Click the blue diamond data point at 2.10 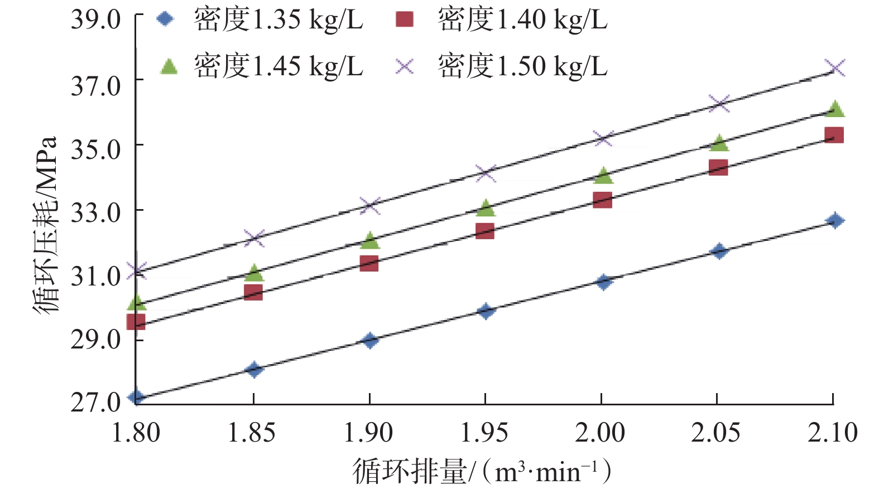pos(835,221)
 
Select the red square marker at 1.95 pos(485,231)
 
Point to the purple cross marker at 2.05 pos(719,103)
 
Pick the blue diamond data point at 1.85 pos(254,369)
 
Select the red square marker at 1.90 pos(369,263)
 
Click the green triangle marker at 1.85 pos(254,273)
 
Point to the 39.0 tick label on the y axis pos(95,20)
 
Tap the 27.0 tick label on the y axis pos(95,402)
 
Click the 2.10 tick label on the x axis pos(832,433)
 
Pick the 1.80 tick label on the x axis pos(136,433)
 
